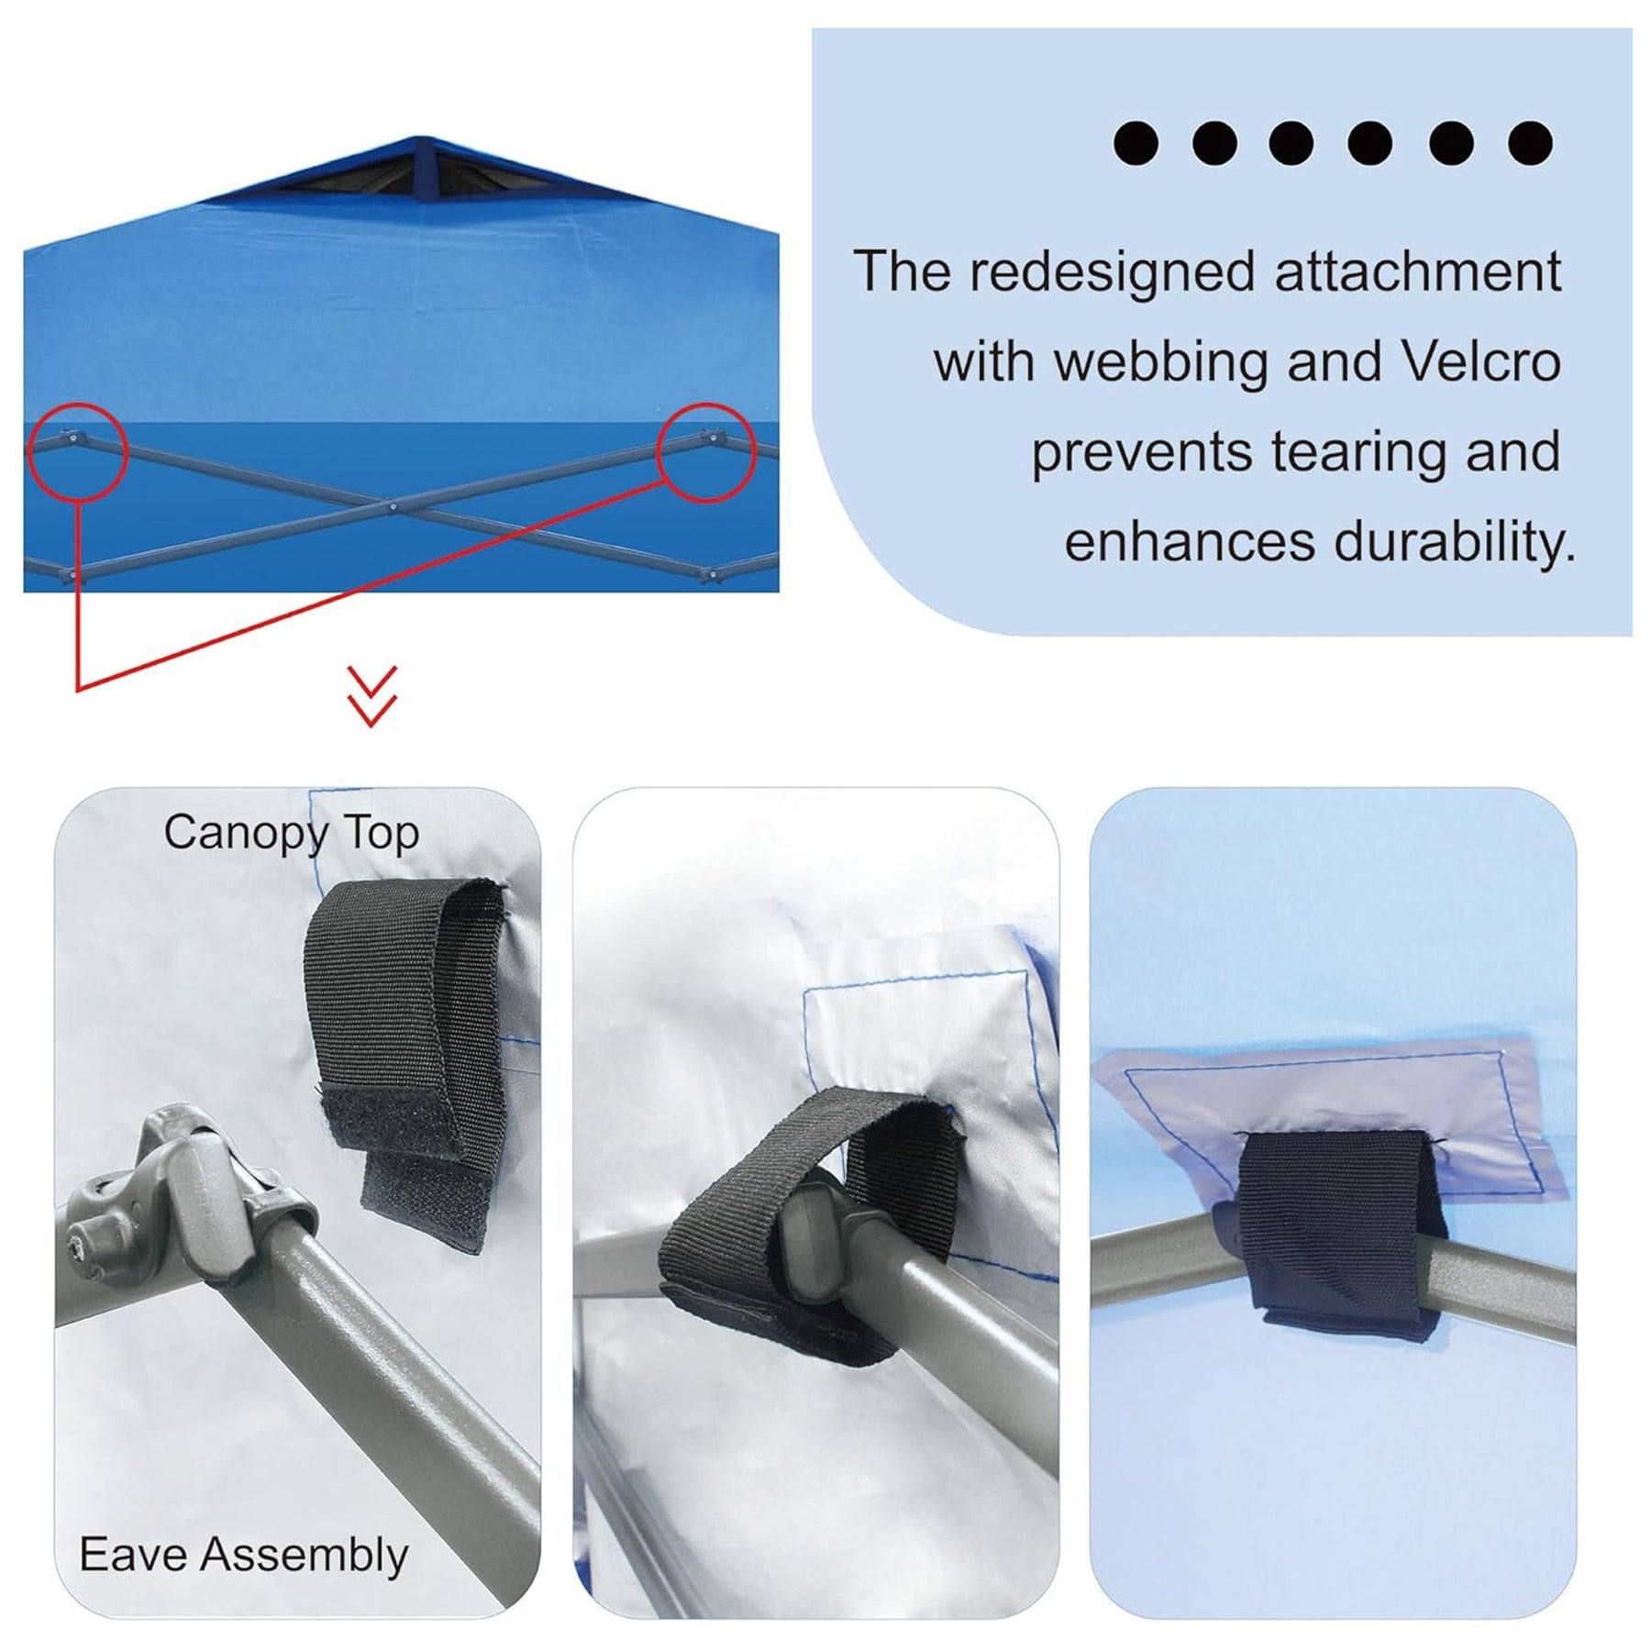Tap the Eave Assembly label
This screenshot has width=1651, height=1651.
(244, 1556)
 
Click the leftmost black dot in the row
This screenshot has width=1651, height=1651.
(1136, 143)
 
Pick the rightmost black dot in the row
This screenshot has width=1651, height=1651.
(1530, 143)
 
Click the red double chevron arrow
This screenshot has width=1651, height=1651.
(372, 696)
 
